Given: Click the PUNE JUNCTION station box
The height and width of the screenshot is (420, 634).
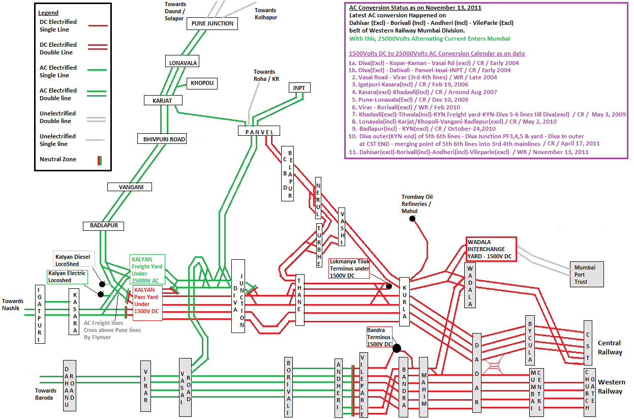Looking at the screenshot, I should (x=213, y=23).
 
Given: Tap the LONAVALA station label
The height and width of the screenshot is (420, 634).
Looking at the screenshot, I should (x=182, y=63).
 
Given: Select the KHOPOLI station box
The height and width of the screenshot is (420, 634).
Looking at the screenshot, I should (x=202, y=83).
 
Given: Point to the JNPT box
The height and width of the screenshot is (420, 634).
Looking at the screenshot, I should (x=299, y=88).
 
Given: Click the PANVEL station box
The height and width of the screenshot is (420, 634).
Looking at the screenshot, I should (x=259, y=132).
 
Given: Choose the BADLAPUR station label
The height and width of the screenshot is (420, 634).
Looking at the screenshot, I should (x=104, y=225).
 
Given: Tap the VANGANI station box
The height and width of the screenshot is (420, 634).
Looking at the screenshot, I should (x=129, y=187).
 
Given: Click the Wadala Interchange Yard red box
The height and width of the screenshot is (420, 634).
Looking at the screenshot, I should (x=491, y=249).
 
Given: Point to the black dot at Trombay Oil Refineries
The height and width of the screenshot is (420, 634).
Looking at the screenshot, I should (x=412, y=219).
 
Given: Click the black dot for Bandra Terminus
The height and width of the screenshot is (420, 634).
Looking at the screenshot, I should (x=397, y=348).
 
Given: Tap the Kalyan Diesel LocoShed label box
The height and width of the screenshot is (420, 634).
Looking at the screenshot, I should (x=73, y=260).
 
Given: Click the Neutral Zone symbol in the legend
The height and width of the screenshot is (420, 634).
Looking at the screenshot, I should (x=100, y=160).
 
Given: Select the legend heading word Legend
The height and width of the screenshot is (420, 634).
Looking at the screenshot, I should (x=49, y=13).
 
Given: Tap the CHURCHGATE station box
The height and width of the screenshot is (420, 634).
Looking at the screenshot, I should (x=590, y=389).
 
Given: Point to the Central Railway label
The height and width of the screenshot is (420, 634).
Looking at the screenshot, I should (x=610, y=348).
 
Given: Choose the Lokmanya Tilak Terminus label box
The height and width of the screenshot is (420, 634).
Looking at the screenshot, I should (x=349, y=269).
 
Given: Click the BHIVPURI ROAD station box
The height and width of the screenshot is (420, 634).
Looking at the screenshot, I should (x=161, y=139).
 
